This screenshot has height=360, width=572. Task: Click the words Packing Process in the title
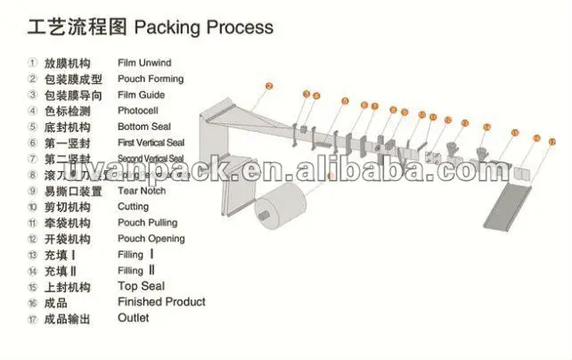(x=203, y=28)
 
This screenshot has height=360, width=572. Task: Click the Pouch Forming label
(x=151, y=79)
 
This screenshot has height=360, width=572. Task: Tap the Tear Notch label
(x=143, y=191)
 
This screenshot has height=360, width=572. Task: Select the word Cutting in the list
(x=134, y=207)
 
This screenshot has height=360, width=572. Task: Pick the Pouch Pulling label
(x=147, y=223)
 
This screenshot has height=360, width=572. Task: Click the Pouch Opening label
(x=151, y=239)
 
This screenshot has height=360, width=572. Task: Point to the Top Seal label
(x=141, y=287)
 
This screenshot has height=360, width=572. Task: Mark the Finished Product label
(x=161, y=302)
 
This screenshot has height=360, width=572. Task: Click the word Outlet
(x=134, y=318)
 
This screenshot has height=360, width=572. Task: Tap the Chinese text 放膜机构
(x=67, y=63)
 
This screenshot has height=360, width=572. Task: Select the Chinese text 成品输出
(x=67, y=318)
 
